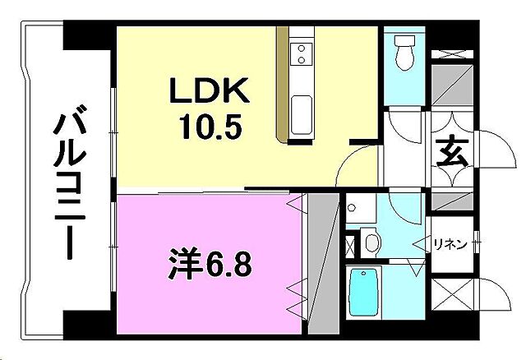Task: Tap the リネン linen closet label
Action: [450, 243]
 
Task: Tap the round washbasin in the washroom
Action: [371, 242]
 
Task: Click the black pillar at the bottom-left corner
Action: [81, 323]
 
